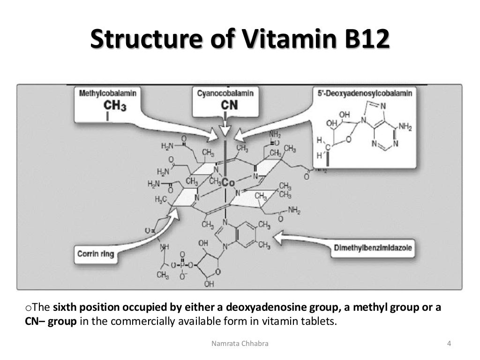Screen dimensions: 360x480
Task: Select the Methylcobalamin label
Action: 108,93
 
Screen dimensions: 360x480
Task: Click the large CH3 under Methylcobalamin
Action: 115,105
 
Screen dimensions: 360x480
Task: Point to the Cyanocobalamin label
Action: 225,93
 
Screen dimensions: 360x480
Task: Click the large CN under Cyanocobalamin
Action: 229,105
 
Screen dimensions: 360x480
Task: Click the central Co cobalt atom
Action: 228,182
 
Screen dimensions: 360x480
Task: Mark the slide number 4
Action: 449,344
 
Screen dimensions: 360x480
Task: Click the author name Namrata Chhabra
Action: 240,344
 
